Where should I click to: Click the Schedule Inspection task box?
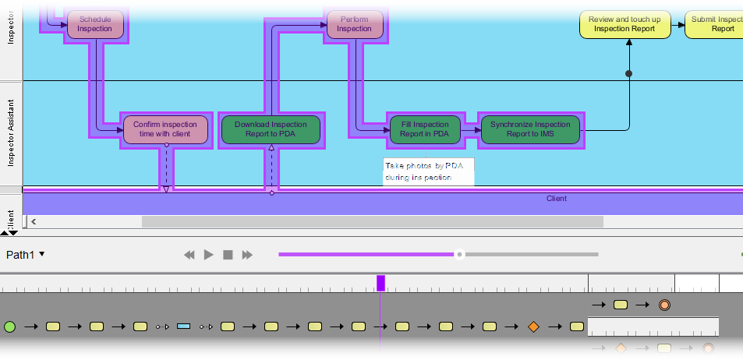(x=95, y=24)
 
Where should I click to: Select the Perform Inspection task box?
(x=354, y=24)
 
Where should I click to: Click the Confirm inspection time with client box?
(x=166, y=129)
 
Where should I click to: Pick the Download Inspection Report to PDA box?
(x=271, y=129)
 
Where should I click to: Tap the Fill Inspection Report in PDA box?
(x=425, y=129)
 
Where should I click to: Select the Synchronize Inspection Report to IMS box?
(x=530, y=129)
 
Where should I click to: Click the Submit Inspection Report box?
(x=714, y=24)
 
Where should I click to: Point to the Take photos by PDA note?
(x=428, y=171)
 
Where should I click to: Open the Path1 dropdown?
(x=26, y=254)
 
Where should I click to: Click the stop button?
(x=228, y=255)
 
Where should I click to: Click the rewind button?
(x=189, y=255)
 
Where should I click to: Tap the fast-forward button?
(x=247, y=255)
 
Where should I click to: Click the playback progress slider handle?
(x=460, y=254)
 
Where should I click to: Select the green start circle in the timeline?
(x=9, y=326)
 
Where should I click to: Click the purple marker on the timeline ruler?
(x=380, y=283)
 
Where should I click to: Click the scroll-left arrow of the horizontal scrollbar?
(x=34, y=222)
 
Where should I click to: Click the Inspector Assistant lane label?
(x=11, y=133)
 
